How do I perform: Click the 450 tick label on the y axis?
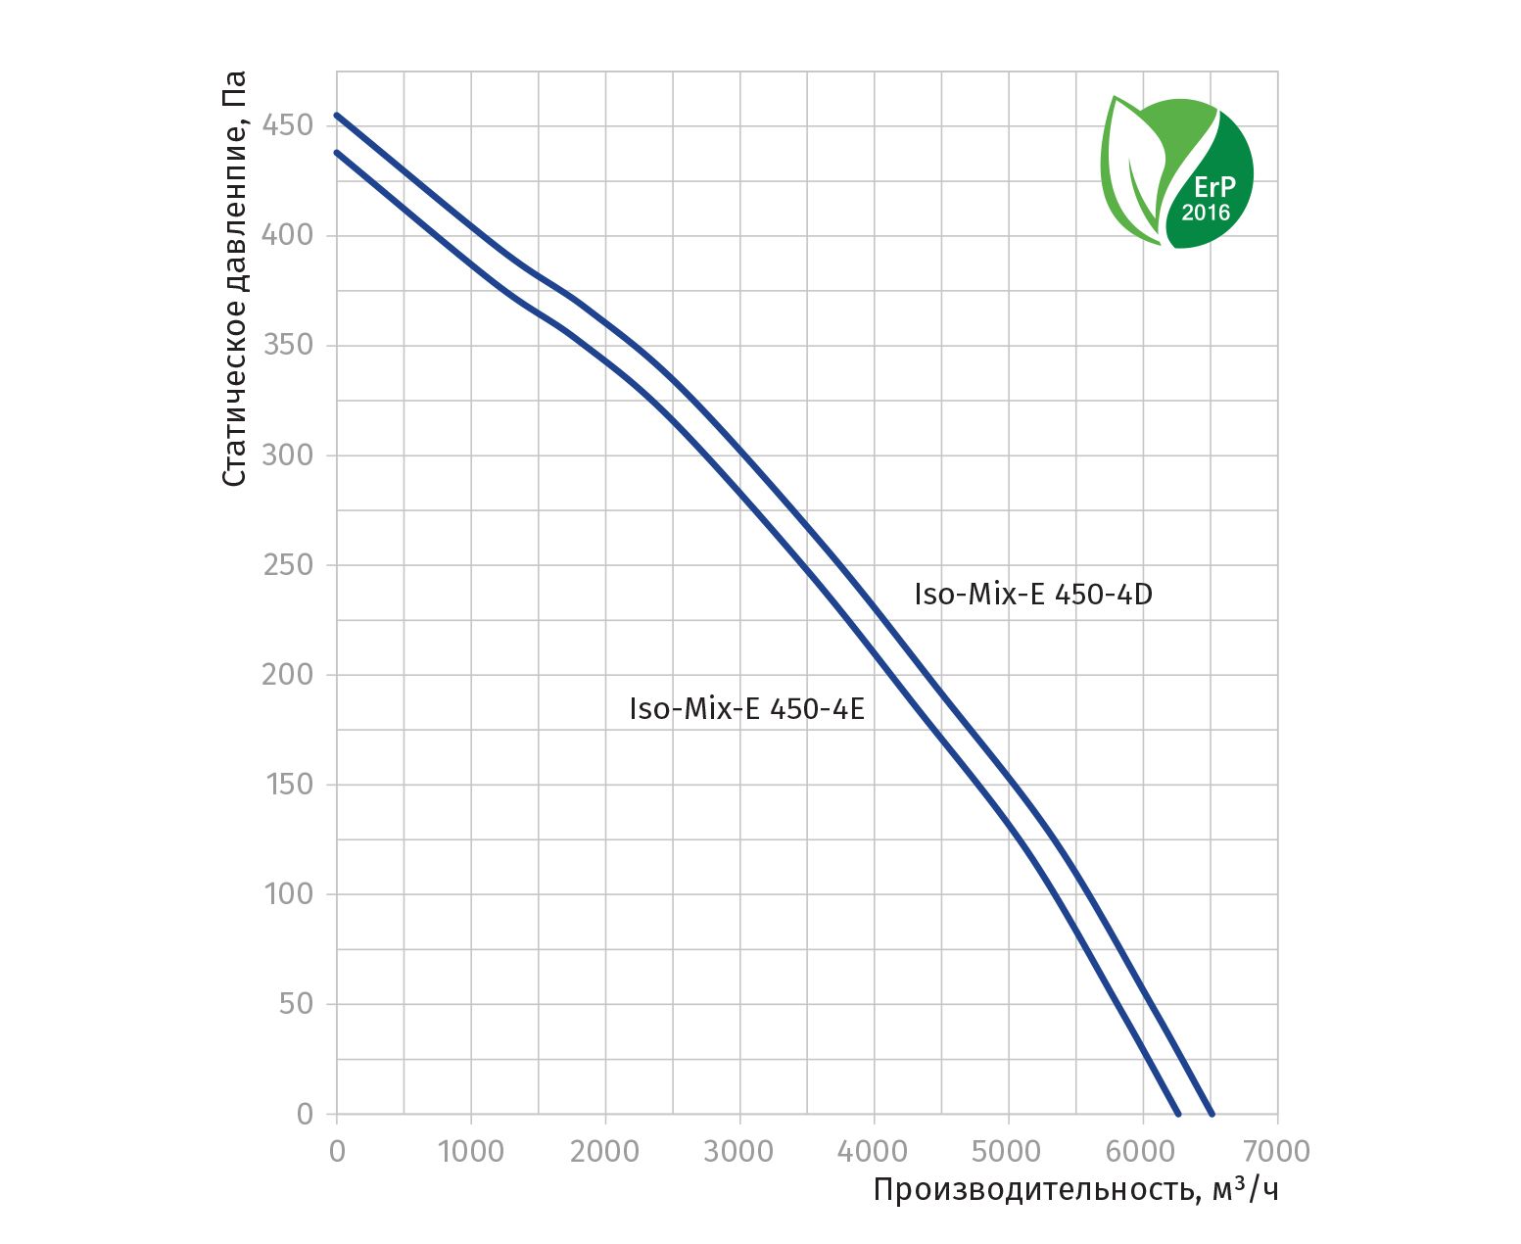pos(287,125)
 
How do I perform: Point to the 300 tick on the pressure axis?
pos(287,455)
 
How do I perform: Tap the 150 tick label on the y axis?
pos(288,785)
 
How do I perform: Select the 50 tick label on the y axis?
pos(295,1004)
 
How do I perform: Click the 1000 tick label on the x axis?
pos(471,1151)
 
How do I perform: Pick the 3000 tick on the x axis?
pos(739,1151)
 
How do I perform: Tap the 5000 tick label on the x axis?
pos(1008,1151)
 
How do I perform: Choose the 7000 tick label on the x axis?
pos(1276,1151)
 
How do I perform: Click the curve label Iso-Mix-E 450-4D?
pos(1033,595)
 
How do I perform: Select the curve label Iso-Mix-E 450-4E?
pos(747,709)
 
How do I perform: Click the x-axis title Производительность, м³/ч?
pos(1075,1190)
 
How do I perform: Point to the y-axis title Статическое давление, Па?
pos(234,278)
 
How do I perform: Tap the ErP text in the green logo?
pos(1213,187)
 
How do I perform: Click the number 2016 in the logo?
pos(1206,213)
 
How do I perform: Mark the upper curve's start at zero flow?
pos(337,115)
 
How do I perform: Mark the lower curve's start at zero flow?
pos(337,152)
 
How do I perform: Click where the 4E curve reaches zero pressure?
pos(1178,1114)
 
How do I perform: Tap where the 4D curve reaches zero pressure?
pos(1212,1114)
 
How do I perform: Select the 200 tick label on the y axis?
pos(287,675)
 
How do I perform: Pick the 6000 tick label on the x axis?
pos(1142,1151)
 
